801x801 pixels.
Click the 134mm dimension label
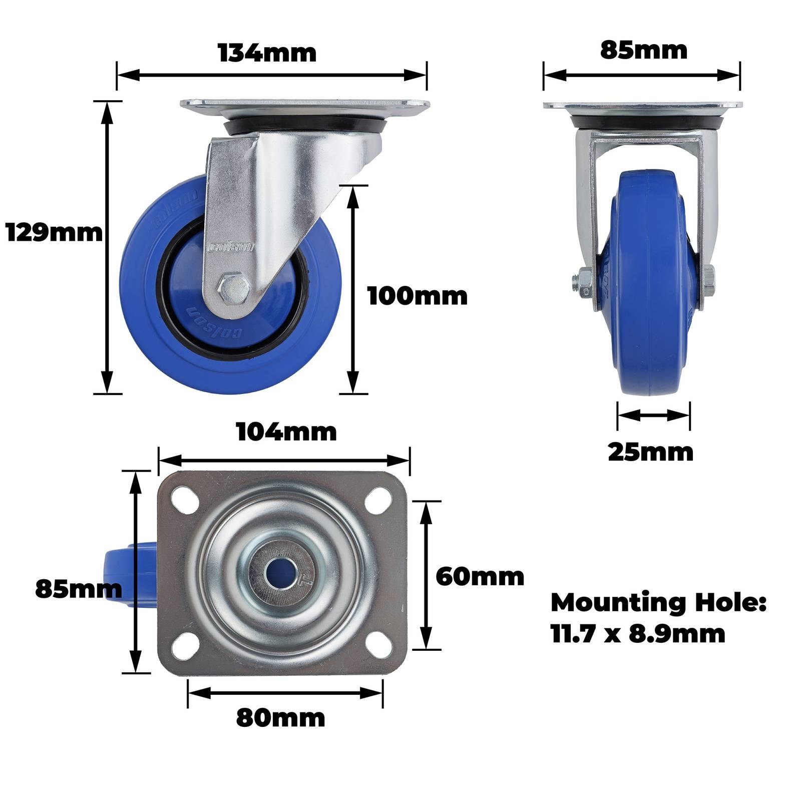(267, 53)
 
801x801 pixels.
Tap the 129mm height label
(54, 233)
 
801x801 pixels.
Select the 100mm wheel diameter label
(418, 296)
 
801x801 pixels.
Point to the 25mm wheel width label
(651, 452)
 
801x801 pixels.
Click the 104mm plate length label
(286, 432)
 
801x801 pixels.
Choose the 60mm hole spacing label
(480, 577)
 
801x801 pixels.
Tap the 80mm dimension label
(280, 718)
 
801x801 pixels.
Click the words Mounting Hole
(658, 603)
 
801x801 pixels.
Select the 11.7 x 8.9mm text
(638, 634)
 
